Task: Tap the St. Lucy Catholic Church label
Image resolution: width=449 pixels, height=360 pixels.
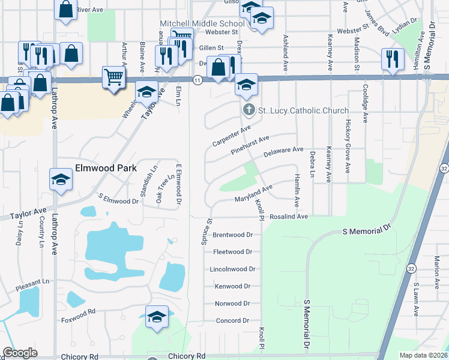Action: (303, 110)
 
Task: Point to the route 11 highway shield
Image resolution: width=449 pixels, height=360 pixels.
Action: (197, 79)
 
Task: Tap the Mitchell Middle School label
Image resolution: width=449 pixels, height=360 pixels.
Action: (202, 23)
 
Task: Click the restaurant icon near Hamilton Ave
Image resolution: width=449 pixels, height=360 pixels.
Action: (393, 59)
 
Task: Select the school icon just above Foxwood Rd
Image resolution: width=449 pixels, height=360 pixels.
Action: (157, 316)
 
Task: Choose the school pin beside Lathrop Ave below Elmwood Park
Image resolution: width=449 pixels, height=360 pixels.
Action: (61, 179)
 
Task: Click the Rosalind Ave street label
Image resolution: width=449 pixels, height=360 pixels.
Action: (289, 217)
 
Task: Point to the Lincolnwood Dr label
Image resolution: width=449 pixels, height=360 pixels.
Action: (233, 269)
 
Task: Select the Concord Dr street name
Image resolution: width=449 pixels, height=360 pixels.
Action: (232, 321)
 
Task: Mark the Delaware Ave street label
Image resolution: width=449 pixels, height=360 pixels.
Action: (284, 153)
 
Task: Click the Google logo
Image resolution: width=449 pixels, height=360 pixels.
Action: (20, 353)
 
